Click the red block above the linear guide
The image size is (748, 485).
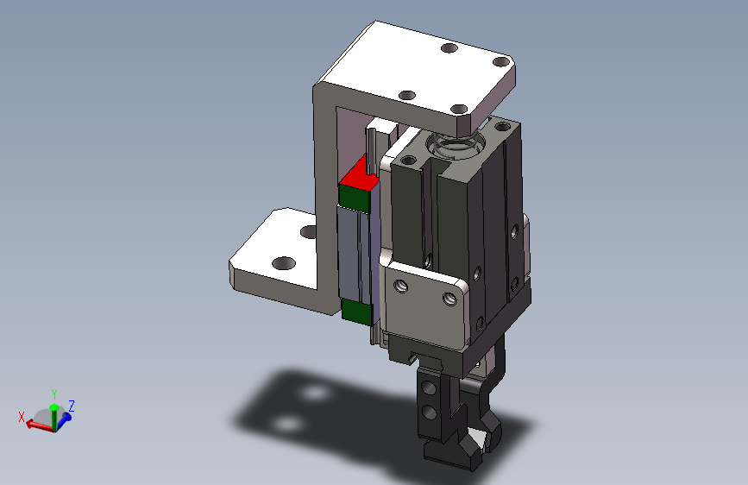coord(359,175)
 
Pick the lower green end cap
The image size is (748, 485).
coord(357,312)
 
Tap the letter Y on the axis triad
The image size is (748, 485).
coord(54,394)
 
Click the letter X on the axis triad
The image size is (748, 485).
coord(22,417)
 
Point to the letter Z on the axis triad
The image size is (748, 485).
coord(71,406)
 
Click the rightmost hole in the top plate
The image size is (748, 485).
coord(501,61)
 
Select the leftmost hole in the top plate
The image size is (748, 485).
coord(407,95)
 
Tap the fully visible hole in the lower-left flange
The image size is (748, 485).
coord(284,263)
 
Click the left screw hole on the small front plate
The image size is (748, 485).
coord(401,286)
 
